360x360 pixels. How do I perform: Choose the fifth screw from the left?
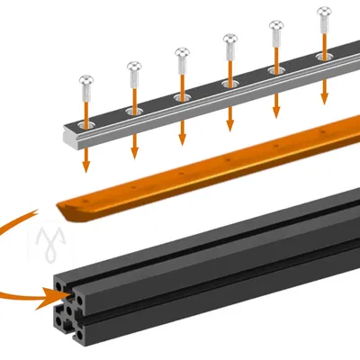tap(275, 28)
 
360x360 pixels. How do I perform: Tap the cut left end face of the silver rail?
tap(69, 137)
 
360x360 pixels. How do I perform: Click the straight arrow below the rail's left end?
tap(86, 157)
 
